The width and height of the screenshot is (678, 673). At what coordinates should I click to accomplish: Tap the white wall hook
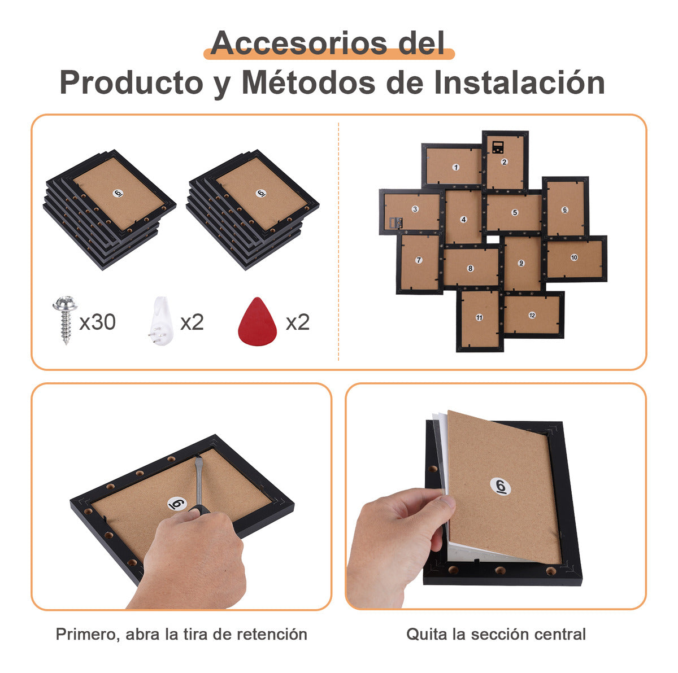click(x=160, y=321)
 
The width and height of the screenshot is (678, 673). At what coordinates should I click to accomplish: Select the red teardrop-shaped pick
click(x=257, y=321)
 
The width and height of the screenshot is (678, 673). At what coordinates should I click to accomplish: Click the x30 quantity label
click(x=97, y=322)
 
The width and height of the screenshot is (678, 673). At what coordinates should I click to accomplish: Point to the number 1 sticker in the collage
click(x=455, y=167)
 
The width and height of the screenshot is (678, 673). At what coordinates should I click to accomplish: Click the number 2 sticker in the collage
click(x=504, y=161)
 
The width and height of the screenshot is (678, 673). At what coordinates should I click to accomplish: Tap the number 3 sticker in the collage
click(x=415, y=209)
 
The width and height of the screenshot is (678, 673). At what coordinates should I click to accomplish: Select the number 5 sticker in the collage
click(x=515, y=212)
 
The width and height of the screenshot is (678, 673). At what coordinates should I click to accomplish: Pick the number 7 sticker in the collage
click(x=419, y=260)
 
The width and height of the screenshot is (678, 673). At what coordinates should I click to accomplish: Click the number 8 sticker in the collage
click(x=470, y=269)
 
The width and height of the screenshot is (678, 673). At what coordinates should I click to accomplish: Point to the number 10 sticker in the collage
click(x=574, y=257)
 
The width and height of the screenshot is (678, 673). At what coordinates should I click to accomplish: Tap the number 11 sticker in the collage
click(x=479, y=317)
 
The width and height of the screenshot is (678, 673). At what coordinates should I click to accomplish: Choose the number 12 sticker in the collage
click(x=532, y=316)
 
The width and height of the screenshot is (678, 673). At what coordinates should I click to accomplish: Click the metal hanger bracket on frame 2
click(x=498, y=147)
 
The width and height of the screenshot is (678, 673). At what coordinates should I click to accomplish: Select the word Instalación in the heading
click(x=519, y=82)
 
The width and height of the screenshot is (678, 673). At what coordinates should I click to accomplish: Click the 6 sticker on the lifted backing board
click(x=501, y=487)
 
